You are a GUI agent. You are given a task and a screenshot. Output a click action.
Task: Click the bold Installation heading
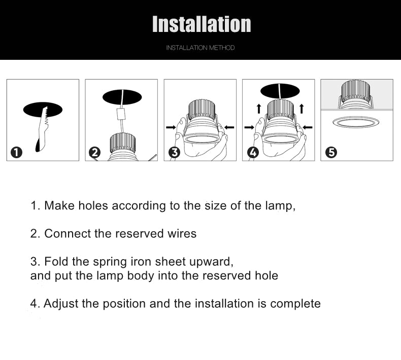(202, 24)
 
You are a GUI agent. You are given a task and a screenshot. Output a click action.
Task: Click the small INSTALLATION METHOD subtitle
(201, 48)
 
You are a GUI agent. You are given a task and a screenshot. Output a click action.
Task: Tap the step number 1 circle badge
(17, 152)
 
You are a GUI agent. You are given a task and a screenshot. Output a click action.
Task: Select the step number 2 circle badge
(95, 152)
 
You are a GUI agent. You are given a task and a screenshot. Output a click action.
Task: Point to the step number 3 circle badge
(174, 152)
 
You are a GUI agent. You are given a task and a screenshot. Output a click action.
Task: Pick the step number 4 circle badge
(253, 152)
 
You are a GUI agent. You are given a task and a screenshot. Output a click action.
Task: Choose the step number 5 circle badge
(331, 152)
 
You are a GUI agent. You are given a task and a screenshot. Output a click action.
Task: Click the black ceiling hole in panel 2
(122, 97)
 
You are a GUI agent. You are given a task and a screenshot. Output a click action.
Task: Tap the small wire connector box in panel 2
(122, 115)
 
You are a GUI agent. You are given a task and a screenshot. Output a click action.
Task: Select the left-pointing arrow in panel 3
(229, 127)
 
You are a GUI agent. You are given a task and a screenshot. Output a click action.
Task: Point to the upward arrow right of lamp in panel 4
(302, 108)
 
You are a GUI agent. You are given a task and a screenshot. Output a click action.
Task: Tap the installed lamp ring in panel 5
(356, 122)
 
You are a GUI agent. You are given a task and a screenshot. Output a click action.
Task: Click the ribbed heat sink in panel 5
(356, 90)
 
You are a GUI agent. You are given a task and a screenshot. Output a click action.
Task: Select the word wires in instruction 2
(182, 234)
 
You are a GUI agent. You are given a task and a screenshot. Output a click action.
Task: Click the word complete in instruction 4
(295, 304)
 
